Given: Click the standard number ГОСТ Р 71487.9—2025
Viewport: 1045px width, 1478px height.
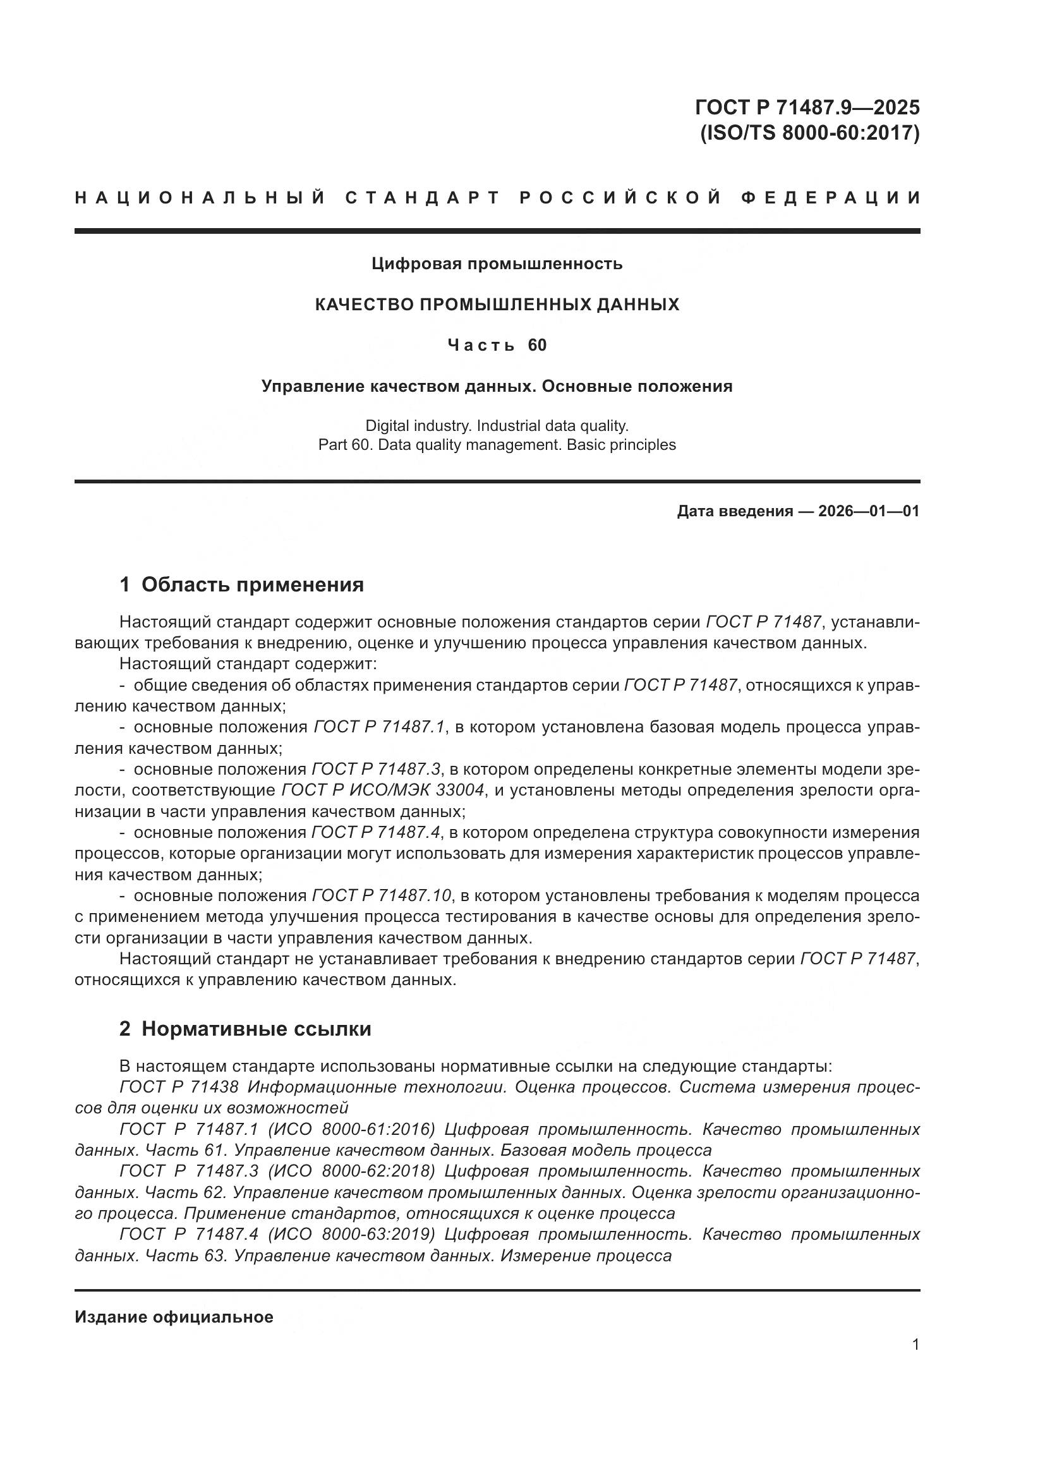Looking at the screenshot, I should point(807,107).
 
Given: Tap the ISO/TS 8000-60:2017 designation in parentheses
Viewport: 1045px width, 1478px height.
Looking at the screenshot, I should point(809,133).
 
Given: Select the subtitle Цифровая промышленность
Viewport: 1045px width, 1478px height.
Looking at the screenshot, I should point(497,264).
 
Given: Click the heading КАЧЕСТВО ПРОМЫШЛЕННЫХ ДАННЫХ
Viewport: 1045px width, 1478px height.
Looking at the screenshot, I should point(497,305).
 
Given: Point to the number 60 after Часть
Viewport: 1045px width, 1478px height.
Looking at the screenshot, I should point(536,346).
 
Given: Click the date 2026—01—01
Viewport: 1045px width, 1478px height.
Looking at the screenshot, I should point(868,512).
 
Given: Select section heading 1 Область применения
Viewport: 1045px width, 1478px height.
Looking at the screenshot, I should point(241,585).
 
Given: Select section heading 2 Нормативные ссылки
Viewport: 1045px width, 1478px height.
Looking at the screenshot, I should point(245,1029).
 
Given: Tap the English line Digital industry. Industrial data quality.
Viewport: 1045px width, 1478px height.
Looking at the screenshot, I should point(497,425).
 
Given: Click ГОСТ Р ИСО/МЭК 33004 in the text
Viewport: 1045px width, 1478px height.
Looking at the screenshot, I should point(383,790).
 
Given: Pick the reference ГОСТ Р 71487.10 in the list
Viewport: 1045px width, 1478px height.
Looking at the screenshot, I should point(382,895).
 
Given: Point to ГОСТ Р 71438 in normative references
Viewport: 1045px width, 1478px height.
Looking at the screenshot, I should point(179,1087).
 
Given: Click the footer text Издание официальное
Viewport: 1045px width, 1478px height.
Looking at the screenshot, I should point(174,1317).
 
